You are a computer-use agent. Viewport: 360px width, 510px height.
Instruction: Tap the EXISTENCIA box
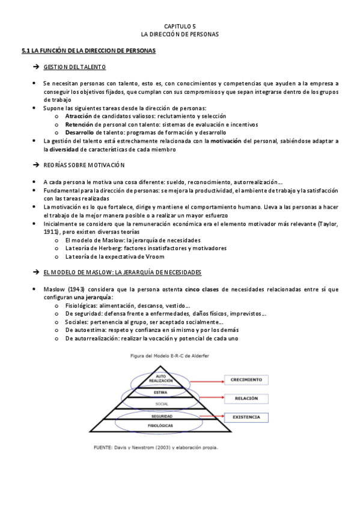tap(246, 416)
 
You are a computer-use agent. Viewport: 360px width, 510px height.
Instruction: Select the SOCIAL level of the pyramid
tap(162, 404)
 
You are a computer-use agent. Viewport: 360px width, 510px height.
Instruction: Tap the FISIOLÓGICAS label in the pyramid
tap(161, 425)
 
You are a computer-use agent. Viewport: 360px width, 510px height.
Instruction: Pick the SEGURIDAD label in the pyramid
tap(162, 416)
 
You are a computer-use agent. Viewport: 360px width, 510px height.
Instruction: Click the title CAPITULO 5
tap(180, 26)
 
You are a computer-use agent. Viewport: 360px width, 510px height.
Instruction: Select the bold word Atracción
tap(79, 115)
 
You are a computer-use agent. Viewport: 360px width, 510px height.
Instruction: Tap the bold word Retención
tap(79, 124)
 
